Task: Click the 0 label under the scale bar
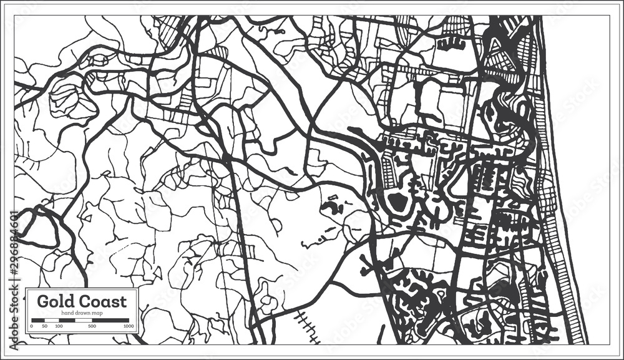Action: pos(31,326)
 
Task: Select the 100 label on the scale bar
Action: pos(58,326)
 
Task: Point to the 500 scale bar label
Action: pos(92,326)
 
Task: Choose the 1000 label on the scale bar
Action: pos(129,326)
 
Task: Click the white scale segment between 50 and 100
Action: pos(52,320)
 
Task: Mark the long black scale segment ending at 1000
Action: pos(111,320)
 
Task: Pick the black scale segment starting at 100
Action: pos(67,320)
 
